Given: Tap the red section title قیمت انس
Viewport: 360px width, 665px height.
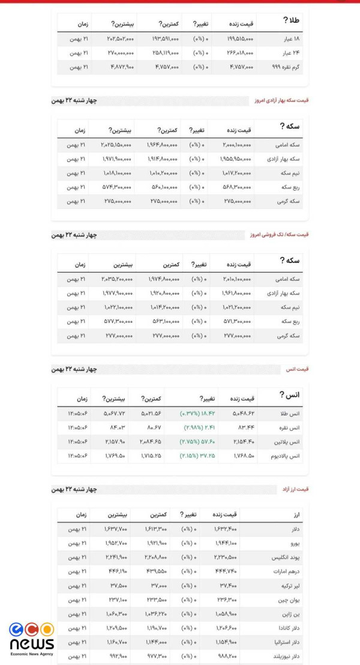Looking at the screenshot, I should click(x=297, y=369).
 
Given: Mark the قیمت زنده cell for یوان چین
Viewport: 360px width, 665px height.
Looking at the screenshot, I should click(x=226, y=600).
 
